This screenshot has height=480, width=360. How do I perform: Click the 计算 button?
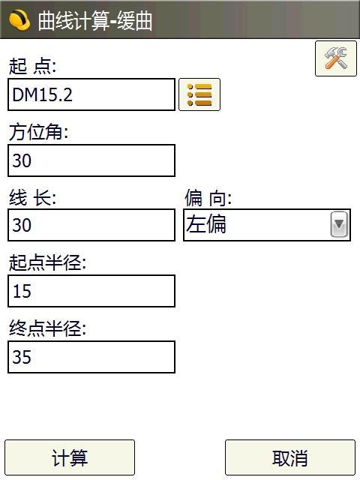[70, 457]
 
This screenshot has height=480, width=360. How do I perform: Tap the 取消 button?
[290, 457]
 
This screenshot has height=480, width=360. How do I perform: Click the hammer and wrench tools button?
[336, 58]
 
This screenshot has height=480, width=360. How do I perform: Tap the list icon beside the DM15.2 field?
[199, 94]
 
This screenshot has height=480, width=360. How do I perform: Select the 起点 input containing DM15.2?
[91, 94]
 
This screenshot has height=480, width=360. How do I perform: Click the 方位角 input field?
[91, 160]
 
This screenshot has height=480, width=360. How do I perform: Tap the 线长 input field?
[91, 225]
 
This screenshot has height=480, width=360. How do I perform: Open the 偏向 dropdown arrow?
[339, 224]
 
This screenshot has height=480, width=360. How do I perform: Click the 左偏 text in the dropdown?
[206, 224]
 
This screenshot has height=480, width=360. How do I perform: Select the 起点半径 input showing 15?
[91, 291]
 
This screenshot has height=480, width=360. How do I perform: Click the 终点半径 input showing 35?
[91, 357]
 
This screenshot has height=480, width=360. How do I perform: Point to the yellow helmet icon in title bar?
[19, 20]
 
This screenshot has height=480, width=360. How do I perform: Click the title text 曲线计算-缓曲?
[95, 21]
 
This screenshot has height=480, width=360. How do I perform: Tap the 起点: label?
[32, 66]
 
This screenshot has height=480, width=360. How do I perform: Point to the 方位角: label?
[38, 132]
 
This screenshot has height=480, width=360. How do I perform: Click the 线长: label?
[32, 198]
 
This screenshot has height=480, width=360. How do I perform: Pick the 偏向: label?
[208, 198]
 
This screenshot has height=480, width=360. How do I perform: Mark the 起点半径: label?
[47, 262]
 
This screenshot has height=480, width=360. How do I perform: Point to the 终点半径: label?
[47, 328]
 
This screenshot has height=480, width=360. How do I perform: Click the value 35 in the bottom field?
[22, 357]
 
